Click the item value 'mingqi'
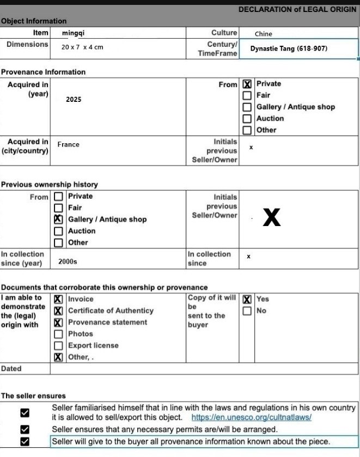[x=73, y=33]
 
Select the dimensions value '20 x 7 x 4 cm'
[x=82, y=47]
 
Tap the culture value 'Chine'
[x=264, y=34]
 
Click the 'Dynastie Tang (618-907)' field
[x=289, y=48]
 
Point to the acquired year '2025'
[x=74, y=100]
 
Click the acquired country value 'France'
[x=68, y=145]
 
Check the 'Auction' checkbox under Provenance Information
[x=247, y=119]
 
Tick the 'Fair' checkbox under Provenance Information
[x=247, y=96]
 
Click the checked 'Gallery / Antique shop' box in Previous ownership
[x=58, y=219]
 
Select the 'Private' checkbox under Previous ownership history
[x=58, y=196]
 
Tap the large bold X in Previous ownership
[x=272, y=217]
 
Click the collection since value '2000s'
[x=68, y=262]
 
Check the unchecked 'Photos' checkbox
[x=58, y=334]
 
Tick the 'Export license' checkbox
[x=58, y=346]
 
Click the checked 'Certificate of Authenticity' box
[x=58, y=311]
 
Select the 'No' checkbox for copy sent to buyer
[x=247, y=311]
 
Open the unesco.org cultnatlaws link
[x=251, y=418]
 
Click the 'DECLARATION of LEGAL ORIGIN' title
[x=297, y=10]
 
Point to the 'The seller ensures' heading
[x=33, y=396]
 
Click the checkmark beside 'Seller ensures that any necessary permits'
[x=25, y=430]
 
